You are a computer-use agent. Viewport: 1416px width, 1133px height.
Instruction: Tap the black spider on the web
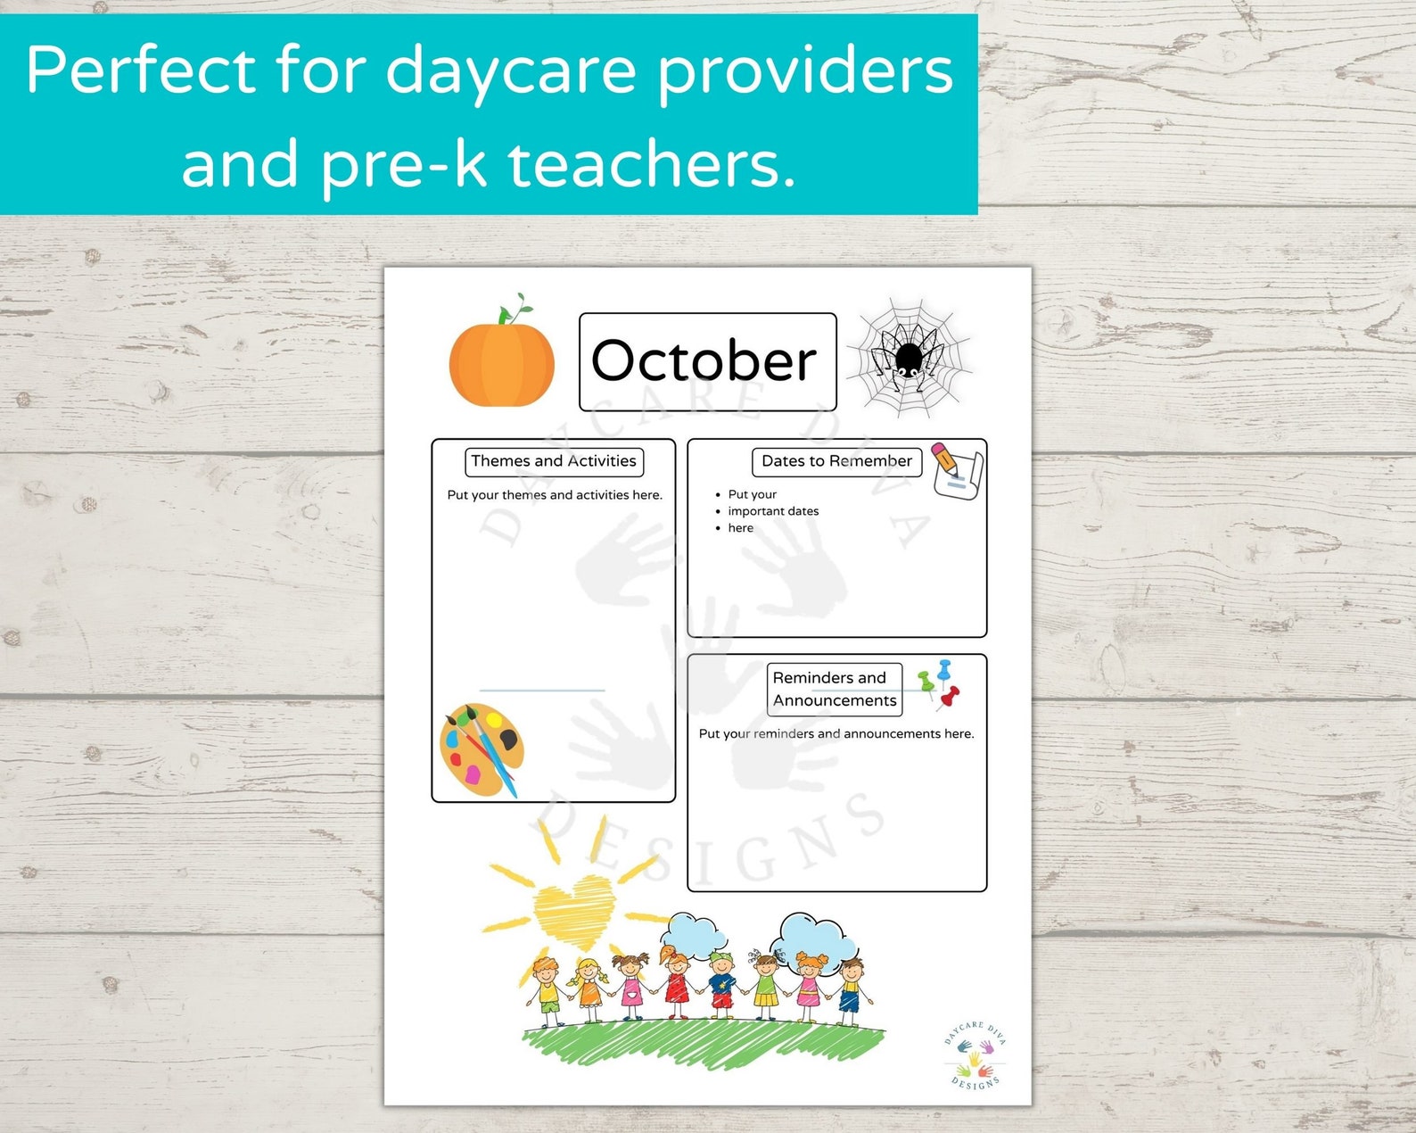point(908,358)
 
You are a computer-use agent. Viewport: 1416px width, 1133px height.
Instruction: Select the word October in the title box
point(704,361)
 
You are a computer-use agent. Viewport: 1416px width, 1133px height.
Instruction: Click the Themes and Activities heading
point(554,461)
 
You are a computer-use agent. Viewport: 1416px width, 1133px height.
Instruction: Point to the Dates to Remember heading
point(836,461)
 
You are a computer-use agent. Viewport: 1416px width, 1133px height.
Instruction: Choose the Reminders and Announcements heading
point(834,689)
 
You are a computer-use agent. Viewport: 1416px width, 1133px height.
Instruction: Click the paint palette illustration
point(482,748)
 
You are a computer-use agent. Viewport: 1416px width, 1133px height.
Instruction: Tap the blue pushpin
point(944,669)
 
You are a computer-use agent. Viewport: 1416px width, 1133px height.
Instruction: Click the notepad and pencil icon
point(956,470)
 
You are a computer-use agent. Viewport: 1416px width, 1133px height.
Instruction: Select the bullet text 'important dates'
point(773,511)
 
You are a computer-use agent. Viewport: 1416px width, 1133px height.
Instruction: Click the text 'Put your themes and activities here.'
point(555,495)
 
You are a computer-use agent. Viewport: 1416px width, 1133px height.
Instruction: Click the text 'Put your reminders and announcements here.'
point(836,734)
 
